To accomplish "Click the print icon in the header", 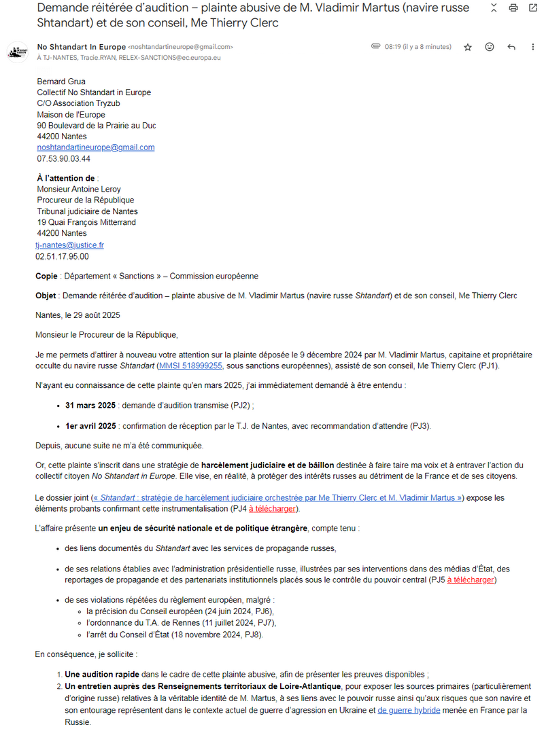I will pos(513,8).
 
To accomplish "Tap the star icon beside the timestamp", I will pos(468,47).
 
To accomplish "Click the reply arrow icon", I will pos(511,47).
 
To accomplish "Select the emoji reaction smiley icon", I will pos(490,47).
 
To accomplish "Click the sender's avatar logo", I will pos(17,52).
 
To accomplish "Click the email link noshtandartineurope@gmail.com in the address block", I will pos(96,147).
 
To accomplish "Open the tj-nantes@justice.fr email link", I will pos(70,245).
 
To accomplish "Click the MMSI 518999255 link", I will pos(190,366).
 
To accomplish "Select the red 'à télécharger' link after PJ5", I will pos(470,580).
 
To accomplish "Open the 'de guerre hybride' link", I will pos(409,710).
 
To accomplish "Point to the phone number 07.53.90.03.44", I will pos(64,159).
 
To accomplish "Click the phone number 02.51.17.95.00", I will pos(62,257).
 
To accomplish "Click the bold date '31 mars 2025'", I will pos(90,406).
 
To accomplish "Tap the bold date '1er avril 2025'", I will pos(90,426).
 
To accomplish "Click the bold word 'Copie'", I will pos(46,277).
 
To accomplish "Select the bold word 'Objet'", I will pos(46,296).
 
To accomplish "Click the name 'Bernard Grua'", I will pos(61,82).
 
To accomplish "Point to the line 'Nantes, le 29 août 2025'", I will pos(79,315).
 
